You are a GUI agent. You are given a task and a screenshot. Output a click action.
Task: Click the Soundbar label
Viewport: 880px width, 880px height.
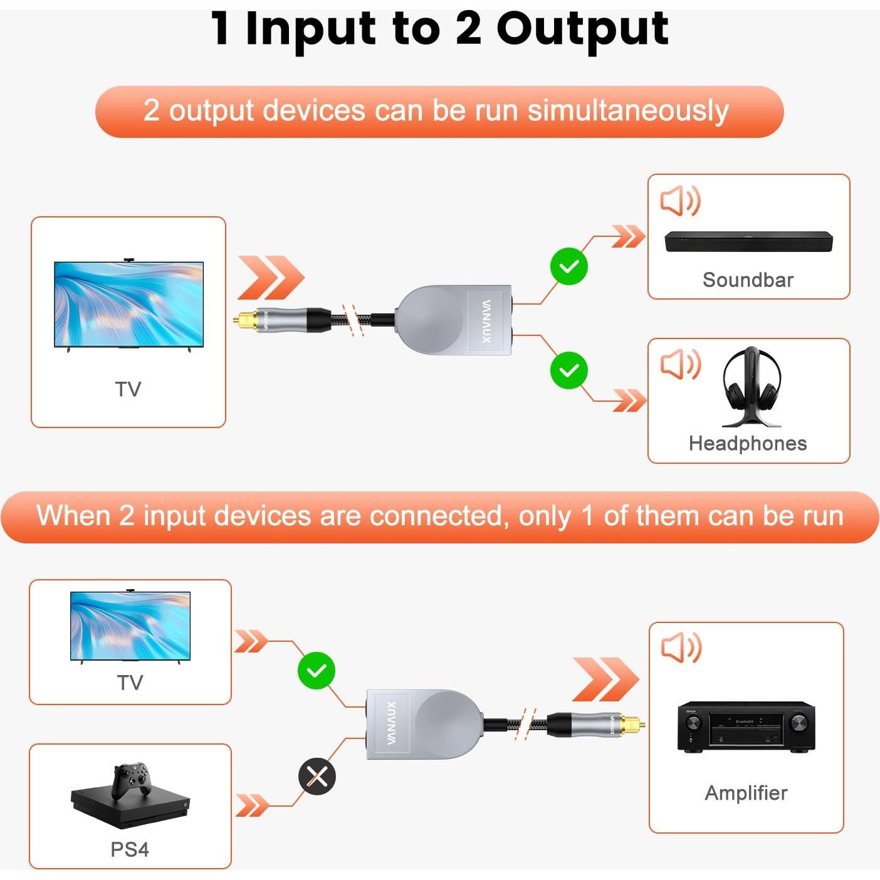coord(748,280)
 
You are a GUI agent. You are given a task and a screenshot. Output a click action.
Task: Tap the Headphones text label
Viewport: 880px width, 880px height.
coord(747,443)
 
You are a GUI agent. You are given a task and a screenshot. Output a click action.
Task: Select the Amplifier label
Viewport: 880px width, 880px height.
coord(746,793)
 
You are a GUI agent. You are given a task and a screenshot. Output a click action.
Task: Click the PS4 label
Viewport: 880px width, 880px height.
coord(130,849)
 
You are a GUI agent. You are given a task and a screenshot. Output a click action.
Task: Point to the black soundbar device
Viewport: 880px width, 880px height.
coord(748,242)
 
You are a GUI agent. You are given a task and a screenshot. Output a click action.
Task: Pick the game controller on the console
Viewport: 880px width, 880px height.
coord(131,780)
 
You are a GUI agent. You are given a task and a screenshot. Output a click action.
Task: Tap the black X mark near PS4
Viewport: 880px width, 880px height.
coord(317,777)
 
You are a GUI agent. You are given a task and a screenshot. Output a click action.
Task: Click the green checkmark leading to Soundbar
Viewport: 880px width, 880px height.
coord(568,266)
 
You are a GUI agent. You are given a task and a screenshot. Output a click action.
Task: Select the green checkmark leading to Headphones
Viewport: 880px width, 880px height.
coord(568,370)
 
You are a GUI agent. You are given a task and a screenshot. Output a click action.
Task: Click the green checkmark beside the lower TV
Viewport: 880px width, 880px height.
coord(317,671)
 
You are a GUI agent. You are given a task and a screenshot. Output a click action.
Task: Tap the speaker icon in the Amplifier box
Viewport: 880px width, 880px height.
coord(681,647)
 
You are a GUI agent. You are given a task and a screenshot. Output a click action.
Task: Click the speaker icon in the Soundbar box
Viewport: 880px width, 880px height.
coord(680,201)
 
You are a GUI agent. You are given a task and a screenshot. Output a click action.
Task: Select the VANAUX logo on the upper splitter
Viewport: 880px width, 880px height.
coord(487,321)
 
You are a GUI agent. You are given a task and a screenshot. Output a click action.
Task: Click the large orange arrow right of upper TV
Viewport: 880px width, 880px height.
coord(271,278)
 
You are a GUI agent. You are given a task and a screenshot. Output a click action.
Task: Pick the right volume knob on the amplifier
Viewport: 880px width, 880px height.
coord(799,723)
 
